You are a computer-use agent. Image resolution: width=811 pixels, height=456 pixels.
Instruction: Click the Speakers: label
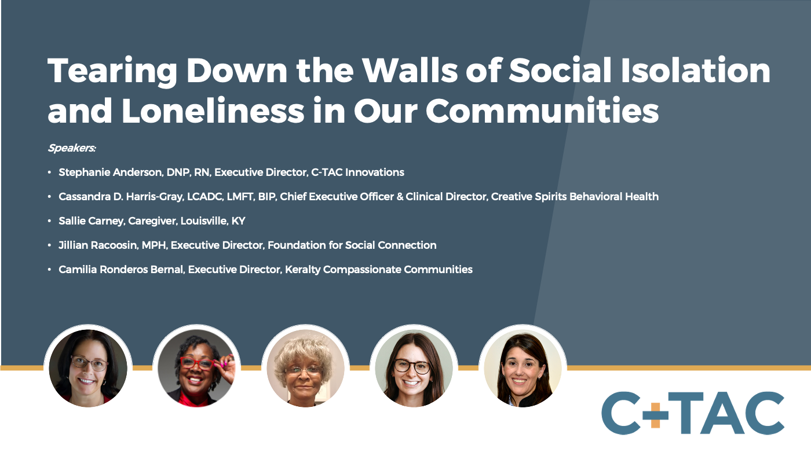(72, 148)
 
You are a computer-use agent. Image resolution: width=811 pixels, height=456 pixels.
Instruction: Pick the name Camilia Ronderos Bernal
(120, 270)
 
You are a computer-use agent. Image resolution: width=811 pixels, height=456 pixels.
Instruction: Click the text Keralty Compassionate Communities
(379, 270)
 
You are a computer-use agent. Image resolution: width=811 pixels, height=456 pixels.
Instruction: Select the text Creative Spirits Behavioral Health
(575, 197)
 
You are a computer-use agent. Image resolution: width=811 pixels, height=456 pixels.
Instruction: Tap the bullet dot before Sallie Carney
(50, 221)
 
